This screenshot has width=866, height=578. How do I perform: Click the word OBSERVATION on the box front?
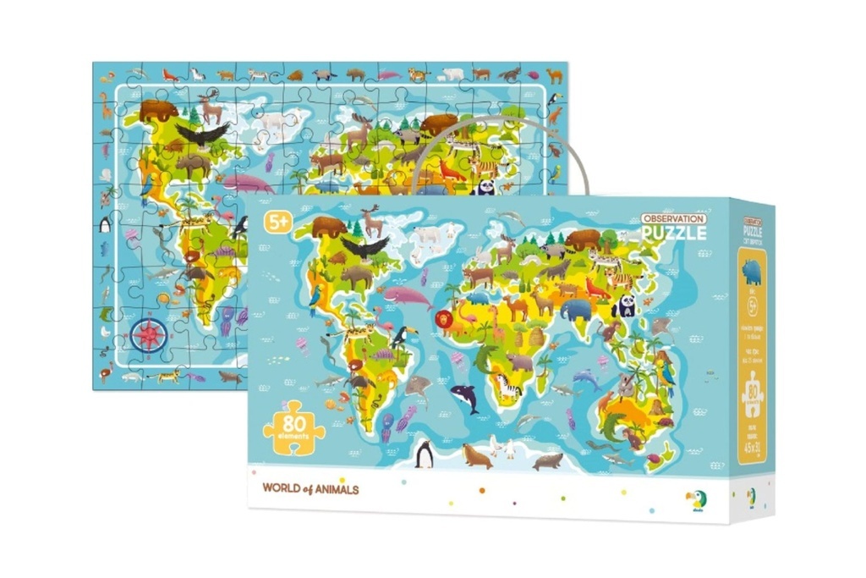(x=673, y=218)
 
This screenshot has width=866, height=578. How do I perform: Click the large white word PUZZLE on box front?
(x=673, y=233)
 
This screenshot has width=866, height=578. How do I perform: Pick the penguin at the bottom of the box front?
(x=424, y=455)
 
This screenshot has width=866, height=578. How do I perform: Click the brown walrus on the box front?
(x=476, y=457)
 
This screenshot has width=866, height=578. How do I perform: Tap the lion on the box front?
(x=444, y=321)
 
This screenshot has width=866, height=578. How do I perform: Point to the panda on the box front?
(x=626, y=306)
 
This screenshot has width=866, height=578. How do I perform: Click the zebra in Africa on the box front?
(x=508, y=388)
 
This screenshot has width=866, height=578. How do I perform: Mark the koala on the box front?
(x=626, y=386)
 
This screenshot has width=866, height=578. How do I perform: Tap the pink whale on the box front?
(x=408, y=296)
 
